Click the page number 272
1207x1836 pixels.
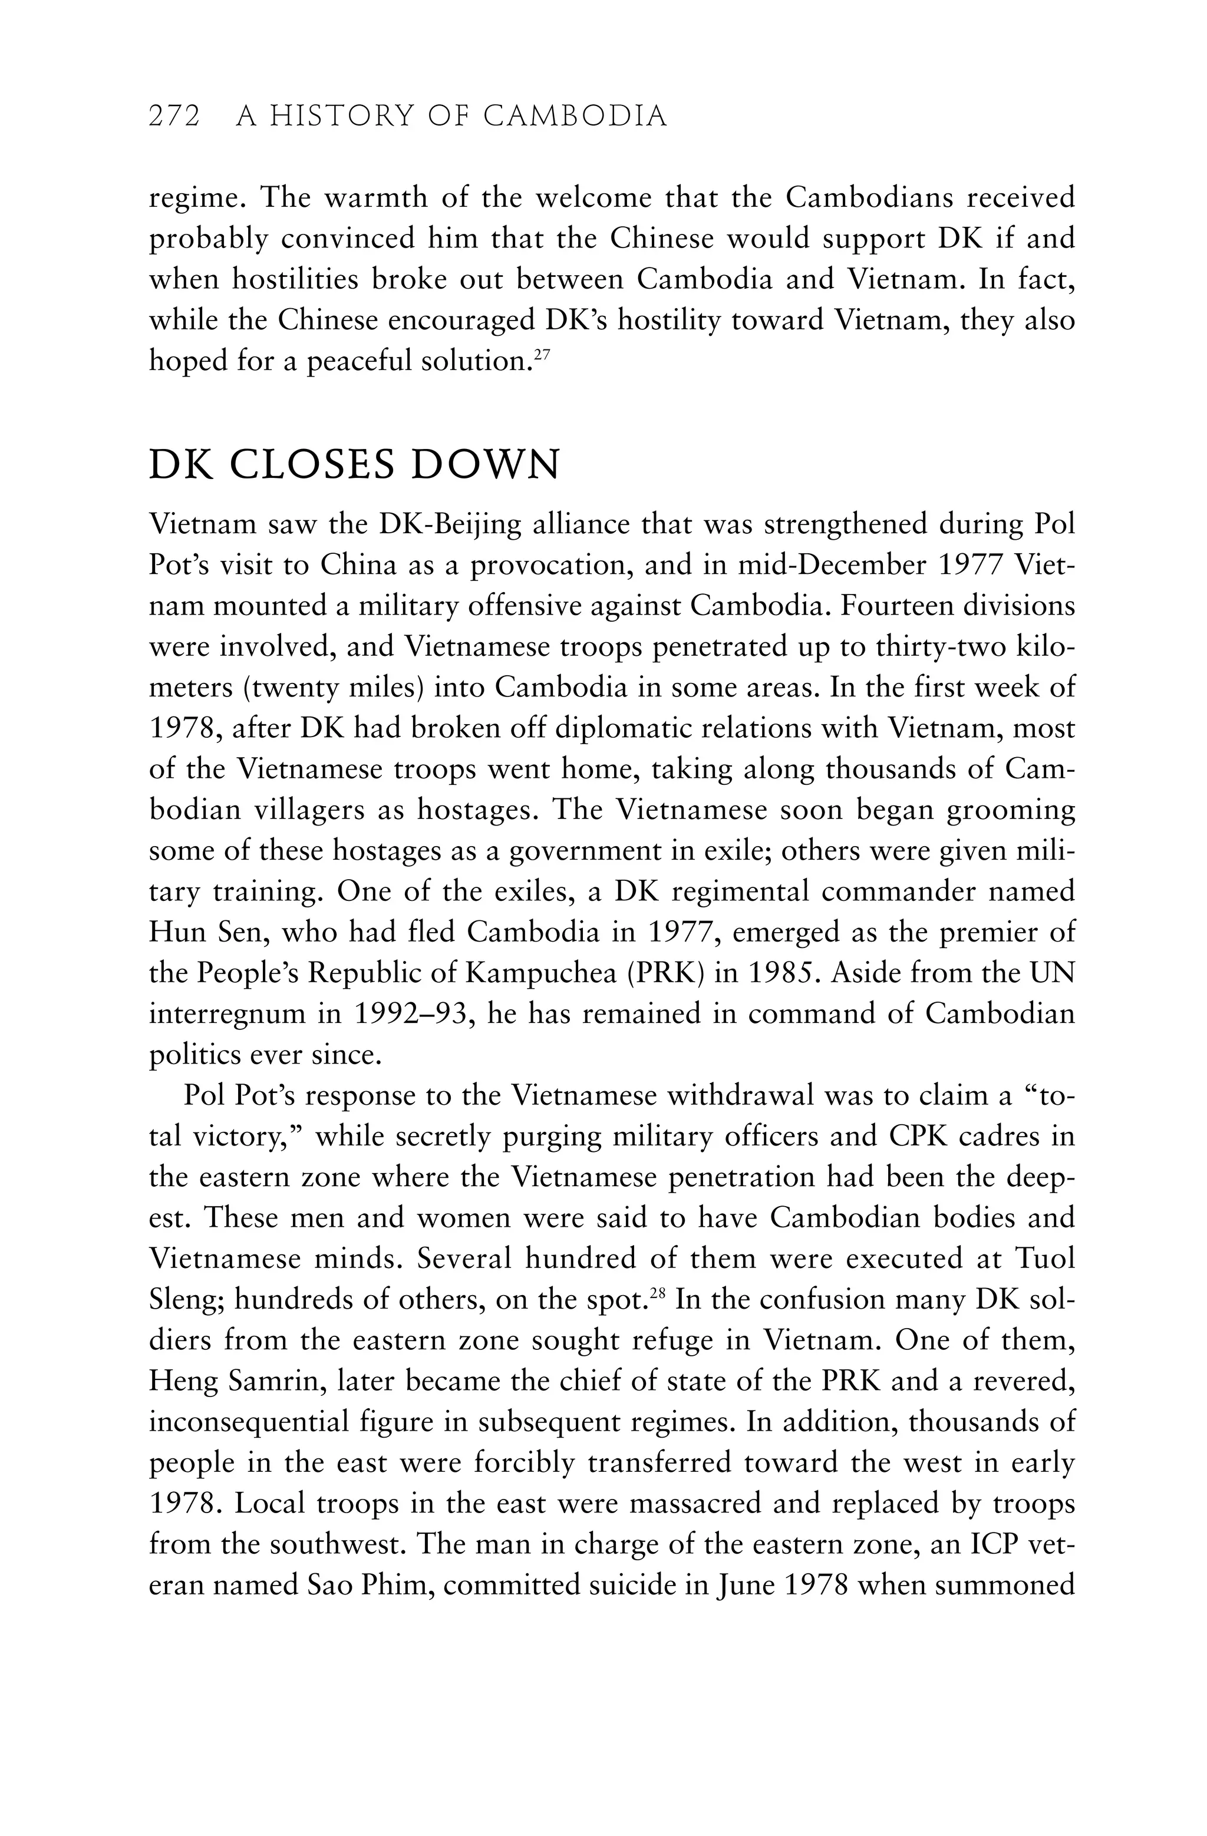(174, 117)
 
